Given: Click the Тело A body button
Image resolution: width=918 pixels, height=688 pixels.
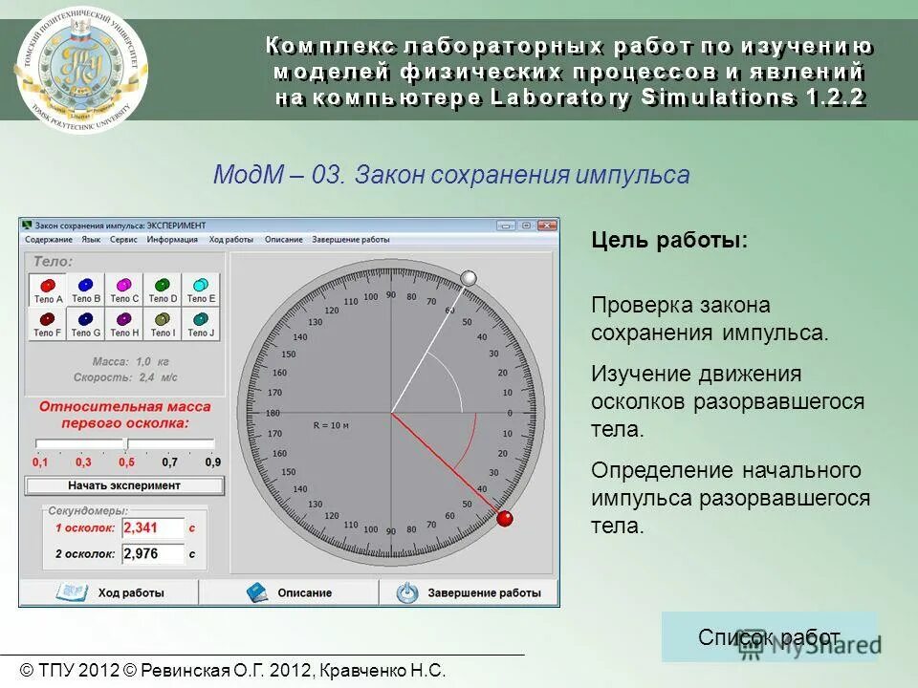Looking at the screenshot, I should tap(48, 290).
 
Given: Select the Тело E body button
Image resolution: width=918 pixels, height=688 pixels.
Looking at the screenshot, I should tap(201, 290).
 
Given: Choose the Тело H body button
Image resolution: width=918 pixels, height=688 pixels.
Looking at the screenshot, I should tap(124, 324).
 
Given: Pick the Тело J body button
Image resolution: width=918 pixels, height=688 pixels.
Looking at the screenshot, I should tap(201, 324).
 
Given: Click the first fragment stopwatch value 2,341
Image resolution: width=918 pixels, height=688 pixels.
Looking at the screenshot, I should tap(153, 527).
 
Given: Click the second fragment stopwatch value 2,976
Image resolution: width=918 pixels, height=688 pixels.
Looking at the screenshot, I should tap(153, 553).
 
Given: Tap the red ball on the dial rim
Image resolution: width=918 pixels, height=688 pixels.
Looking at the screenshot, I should tap(504, 519).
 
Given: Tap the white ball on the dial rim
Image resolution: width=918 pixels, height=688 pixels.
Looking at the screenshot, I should tap(469, 278).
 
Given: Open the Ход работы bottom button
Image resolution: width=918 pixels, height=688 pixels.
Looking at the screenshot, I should tap(110, 592).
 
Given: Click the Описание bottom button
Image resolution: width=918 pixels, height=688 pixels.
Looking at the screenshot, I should tap(289, 592).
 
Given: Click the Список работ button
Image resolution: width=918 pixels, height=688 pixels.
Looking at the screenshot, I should tap(769, 637).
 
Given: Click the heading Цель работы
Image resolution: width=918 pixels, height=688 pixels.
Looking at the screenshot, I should tap(669, 240).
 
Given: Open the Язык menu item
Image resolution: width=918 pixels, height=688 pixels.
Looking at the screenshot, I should tap(91, 240).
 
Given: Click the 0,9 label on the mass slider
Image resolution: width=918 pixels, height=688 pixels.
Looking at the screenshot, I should tap(212, 462).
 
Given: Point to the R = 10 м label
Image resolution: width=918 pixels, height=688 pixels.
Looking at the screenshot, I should tap(333, 423).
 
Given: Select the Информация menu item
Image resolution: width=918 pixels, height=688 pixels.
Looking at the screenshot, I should tap(172, 240).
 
